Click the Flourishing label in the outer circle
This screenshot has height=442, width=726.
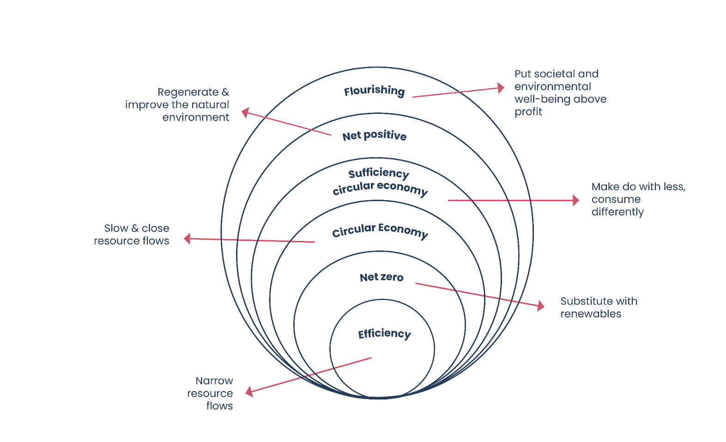coord(374,91)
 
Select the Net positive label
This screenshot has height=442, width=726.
coord(374,135)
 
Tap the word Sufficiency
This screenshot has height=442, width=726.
coord(379,173)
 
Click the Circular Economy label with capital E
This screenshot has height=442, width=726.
coord(380,230)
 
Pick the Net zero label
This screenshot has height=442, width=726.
coord(381,277)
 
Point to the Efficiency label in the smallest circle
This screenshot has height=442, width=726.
coord(384,334)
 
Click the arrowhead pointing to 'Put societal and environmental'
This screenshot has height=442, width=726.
coord(501,88)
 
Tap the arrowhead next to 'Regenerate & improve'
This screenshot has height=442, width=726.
coord(245,112)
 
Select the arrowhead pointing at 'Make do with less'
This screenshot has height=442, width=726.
coord(576,200)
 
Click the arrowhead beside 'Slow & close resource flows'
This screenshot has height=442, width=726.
coord(187,239)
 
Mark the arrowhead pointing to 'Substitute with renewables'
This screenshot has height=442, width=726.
coord(541,306)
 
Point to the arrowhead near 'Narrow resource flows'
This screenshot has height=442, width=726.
coord(249,392)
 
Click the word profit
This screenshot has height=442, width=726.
coord(528,112)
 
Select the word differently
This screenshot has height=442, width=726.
coord(617,212)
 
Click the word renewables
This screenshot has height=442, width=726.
coord(590,314)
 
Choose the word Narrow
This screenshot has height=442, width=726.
coord(214,381)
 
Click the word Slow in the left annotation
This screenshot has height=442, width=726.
coord(116,228)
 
